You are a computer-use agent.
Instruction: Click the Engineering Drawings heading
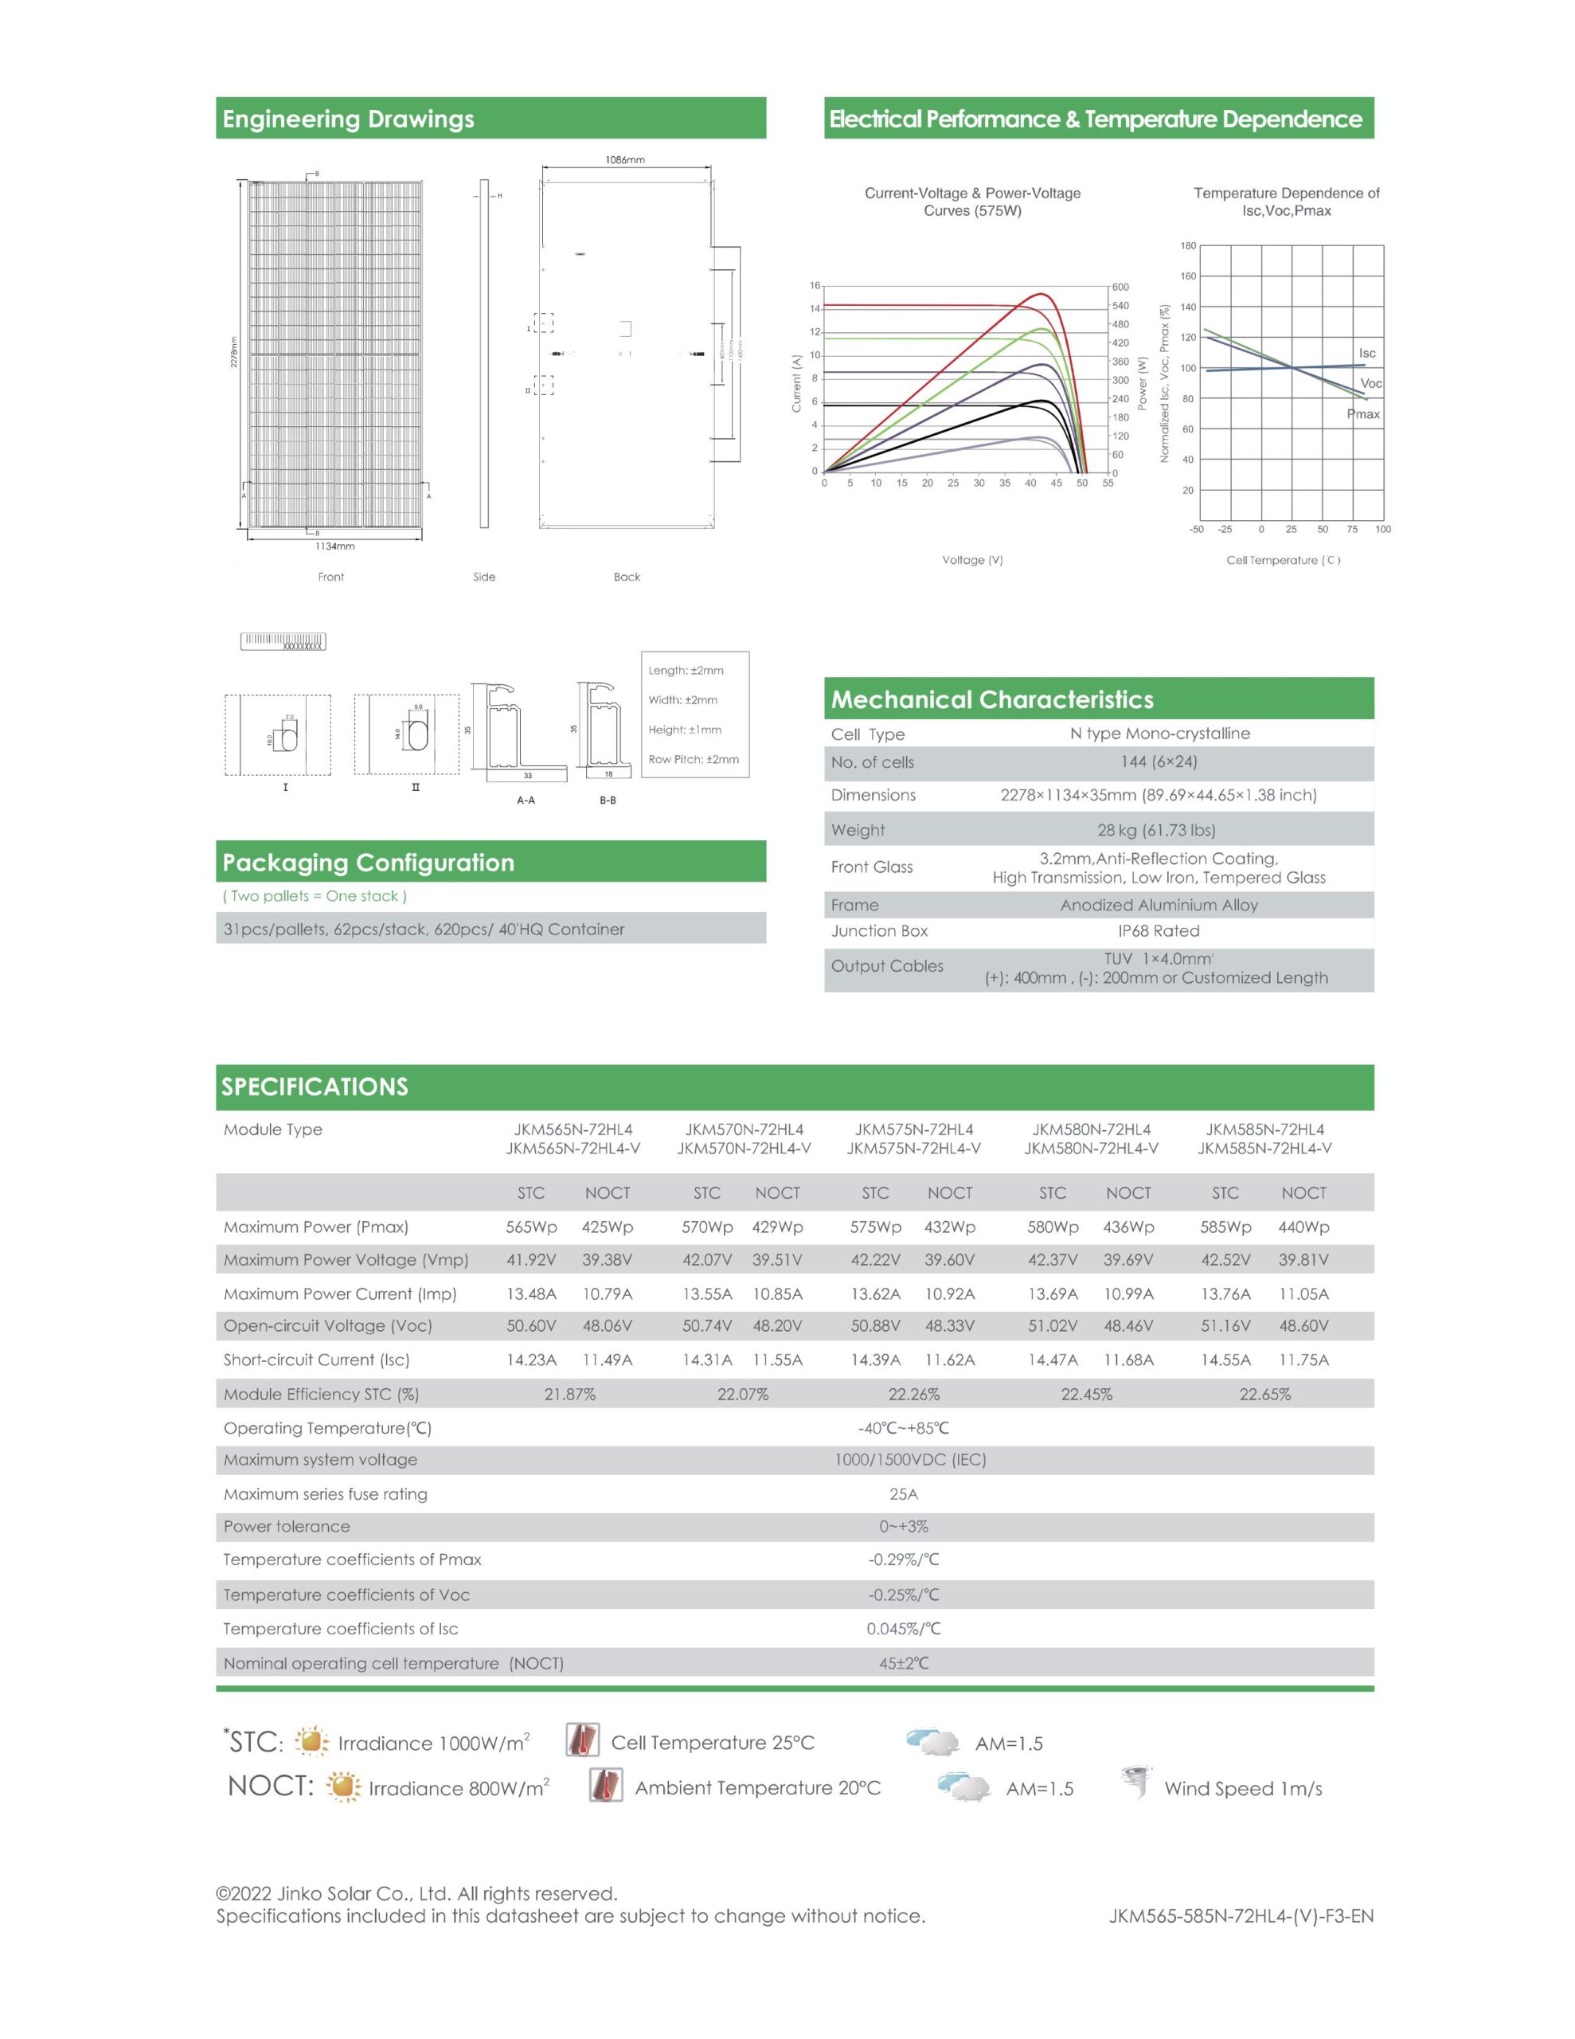[x=348, y=119]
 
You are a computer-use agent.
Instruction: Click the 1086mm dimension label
[x=624, y=159]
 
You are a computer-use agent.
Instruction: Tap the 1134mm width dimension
[x=334, y=546]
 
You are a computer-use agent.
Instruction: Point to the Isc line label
[x=1367, y=353]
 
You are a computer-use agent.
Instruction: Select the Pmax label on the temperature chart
[x=1363, y=413]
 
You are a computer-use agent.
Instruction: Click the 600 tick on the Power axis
[x=1120, y=287]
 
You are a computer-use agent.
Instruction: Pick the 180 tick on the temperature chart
[x=1187, y=245]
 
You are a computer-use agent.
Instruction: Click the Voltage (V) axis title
[x=972, y=560]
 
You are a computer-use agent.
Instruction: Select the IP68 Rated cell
[x=1159, y=931]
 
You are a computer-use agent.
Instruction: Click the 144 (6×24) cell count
[x=1159, y=761]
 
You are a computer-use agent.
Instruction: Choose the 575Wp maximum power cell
[x=875, y=1227]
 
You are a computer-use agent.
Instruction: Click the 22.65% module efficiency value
[x=1265, y=1394]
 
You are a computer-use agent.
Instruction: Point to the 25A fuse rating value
[x=903, y=1493]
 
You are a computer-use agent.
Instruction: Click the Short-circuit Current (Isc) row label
[x=316, y=1360]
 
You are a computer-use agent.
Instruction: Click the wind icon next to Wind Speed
[x=1136, y=1783]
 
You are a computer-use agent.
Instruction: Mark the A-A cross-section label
[x=526, y=800]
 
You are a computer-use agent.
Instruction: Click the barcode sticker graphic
[x=283, y=641]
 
